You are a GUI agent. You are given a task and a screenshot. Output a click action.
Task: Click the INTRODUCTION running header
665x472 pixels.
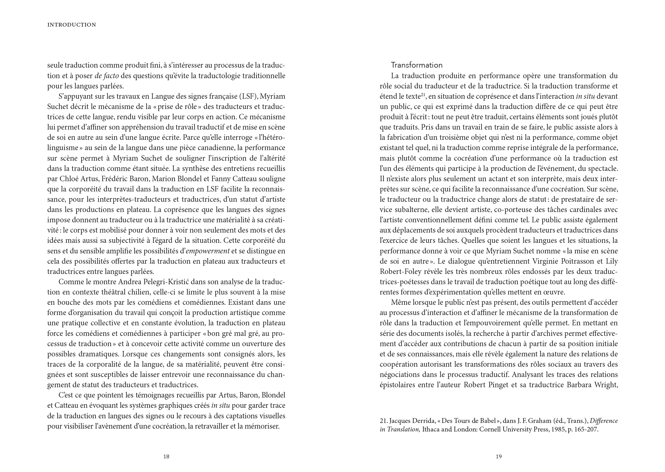coord(72,25)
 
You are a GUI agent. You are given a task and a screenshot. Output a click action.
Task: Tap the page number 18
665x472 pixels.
coord(166,457)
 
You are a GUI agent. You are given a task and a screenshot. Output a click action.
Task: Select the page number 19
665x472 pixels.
coord(498,457)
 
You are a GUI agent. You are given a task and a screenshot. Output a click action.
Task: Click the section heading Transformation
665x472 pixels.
coord(417,65)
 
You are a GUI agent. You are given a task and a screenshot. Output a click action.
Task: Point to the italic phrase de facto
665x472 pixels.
coord(107,76)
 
